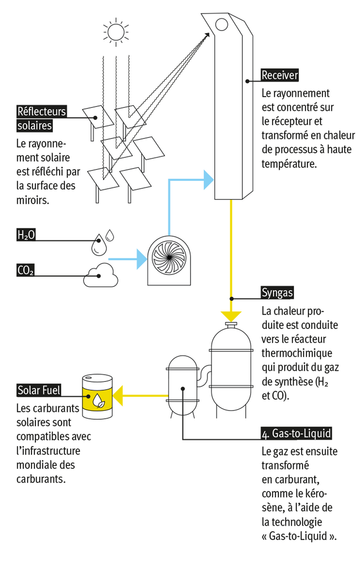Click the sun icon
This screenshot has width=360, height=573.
click(115, 32)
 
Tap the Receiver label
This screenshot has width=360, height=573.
click(280, 75)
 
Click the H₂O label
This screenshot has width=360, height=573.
click(26, 234)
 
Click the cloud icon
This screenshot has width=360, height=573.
click(101, 275)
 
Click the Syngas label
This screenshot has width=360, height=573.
click(277, 292)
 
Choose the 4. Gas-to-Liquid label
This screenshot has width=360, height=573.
click(296, 434)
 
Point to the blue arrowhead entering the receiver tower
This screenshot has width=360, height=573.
click(207, 180)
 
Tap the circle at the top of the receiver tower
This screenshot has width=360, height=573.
click(222, 23)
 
